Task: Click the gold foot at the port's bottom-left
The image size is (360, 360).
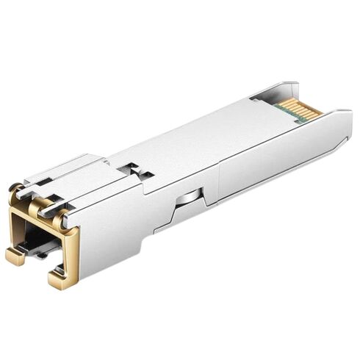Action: (15, 256)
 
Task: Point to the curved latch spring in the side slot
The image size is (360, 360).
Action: (190, 197)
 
